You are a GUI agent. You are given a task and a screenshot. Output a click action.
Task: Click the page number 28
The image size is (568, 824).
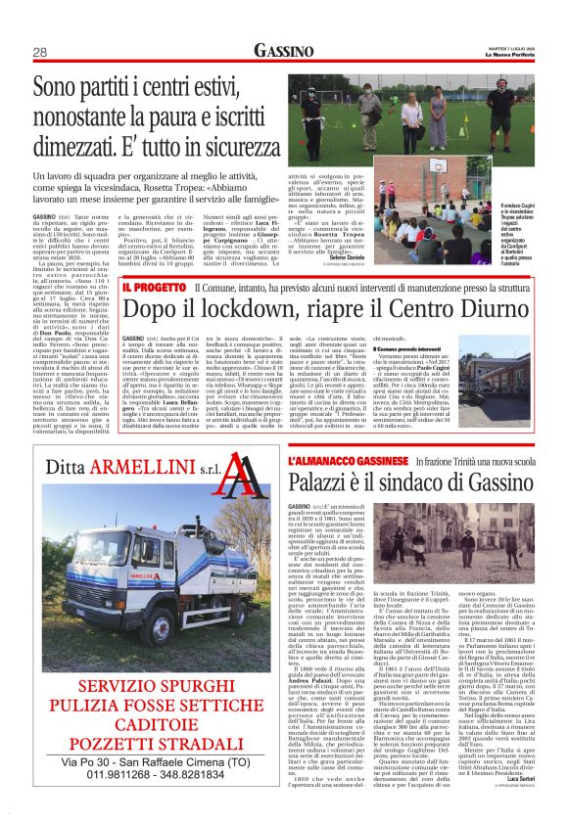(x=40, y=51)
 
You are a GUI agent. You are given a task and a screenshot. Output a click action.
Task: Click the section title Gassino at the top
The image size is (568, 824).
(x=284, y=50)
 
